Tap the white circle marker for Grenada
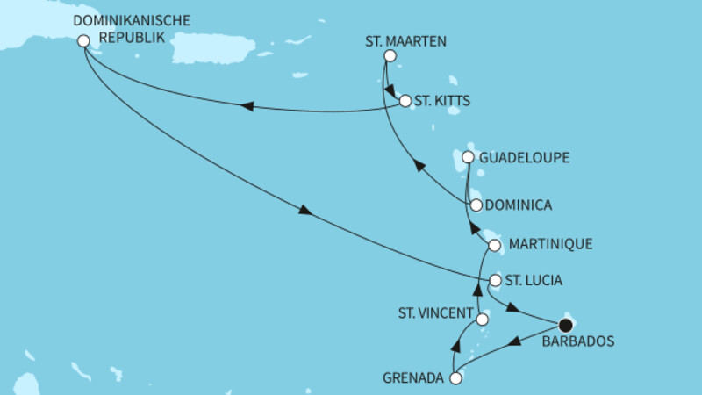click(455, 379)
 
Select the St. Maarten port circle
click(390, 56)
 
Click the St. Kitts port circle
click(405, 101)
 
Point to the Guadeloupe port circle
click(468, 158)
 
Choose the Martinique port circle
click(495, 245)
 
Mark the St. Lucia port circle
click(495, 281)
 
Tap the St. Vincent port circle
click(482, 320)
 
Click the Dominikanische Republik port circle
click(83, 40)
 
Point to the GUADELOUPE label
click(525, 158)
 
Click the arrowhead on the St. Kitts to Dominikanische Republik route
click(247, 107)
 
